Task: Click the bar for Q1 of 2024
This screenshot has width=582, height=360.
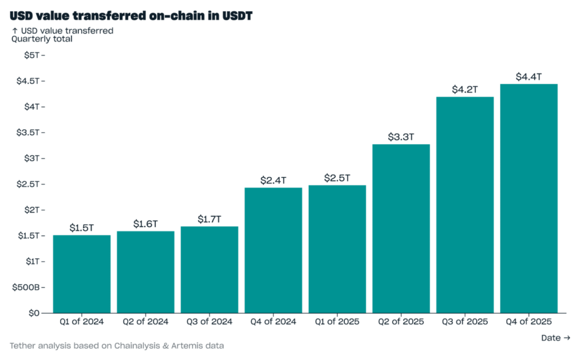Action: tap(82, 274)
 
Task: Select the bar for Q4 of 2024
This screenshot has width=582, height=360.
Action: tap(273, 250)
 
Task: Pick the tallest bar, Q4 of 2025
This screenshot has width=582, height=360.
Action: tap(529, 198)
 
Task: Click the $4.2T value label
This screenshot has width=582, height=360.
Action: tap(465, 89)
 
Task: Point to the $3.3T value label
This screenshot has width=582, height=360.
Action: tap(401, 137)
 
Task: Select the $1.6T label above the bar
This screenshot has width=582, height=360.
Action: tap(145, 224)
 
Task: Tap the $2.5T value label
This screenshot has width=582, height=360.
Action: tap(337, 178)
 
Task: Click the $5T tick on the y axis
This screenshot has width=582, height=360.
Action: tap(31, 55)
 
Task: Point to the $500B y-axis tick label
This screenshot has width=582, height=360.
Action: tap(26, 287)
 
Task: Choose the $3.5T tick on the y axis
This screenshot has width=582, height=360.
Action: tap(28, 133)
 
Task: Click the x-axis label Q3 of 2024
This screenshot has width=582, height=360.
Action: tap(209, 322)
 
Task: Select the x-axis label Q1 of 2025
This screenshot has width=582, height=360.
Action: tap(337, 322)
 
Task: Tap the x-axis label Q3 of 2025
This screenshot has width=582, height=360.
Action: tap(465, 322)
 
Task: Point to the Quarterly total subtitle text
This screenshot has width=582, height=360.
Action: tap(42, 39)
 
